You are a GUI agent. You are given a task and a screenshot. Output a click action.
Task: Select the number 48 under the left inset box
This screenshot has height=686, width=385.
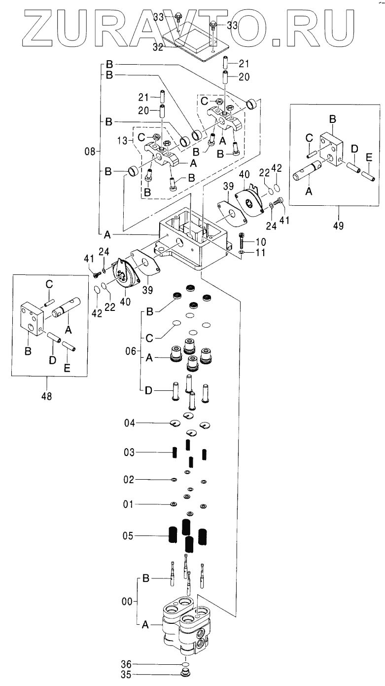47,395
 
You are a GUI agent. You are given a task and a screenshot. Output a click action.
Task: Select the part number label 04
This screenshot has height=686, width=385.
129,423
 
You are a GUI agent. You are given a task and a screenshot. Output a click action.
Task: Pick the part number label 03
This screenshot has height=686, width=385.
129,452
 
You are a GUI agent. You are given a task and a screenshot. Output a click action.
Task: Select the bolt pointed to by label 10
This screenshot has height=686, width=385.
242,240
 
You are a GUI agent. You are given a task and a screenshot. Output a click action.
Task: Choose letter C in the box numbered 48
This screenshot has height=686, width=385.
49,284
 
